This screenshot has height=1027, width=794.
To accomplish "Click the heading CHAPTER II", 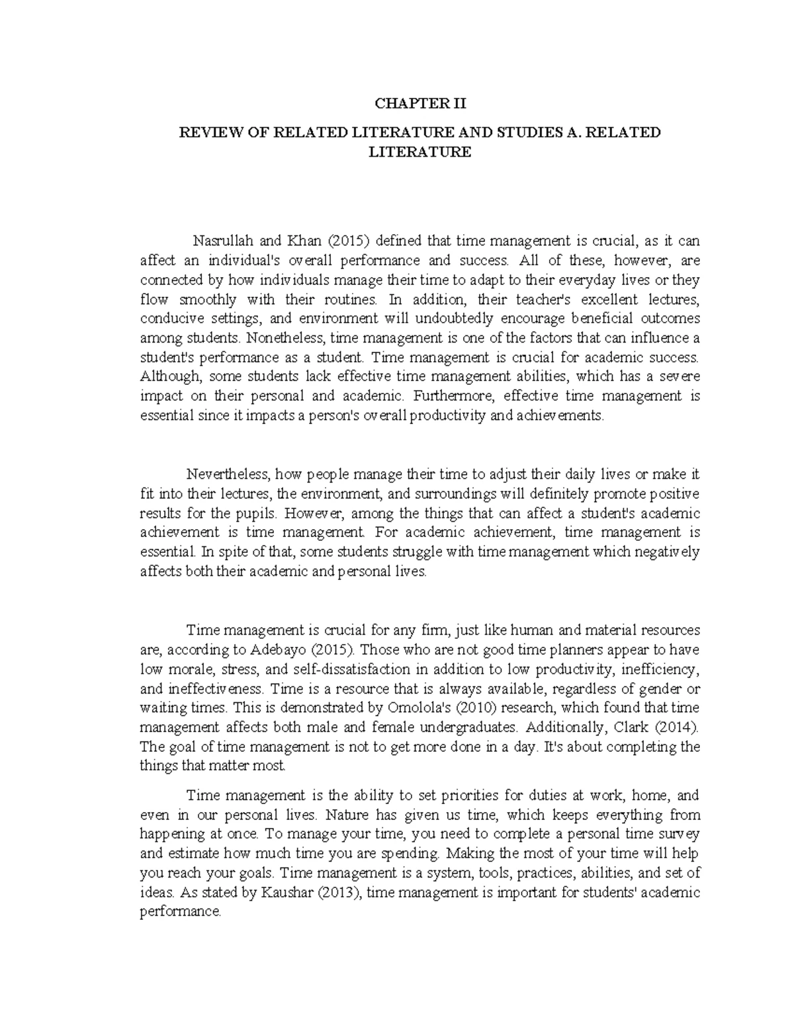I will point(420,104).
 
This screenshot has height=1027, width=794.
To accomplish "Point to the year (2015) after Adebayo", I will point(330,649).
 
